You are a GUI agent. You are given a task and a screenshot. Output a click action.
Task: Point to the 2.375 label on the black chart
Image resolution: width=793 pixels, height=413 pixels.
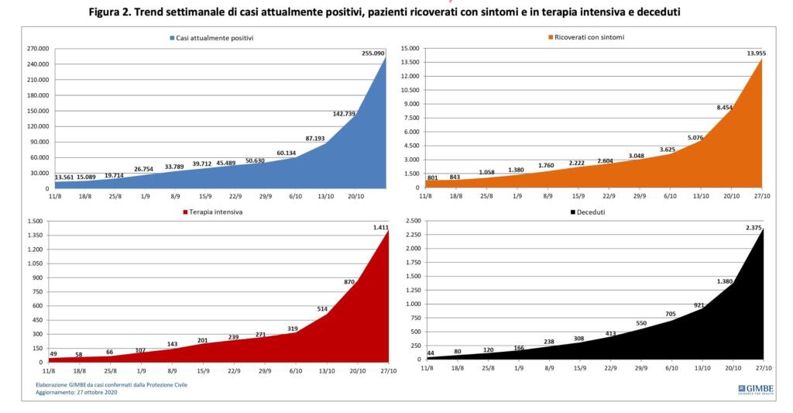coord(754,225)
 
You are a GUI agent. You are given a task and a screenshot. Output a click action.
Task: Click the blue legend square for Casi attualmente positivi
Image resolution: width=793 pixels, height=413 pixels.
coord(172,37)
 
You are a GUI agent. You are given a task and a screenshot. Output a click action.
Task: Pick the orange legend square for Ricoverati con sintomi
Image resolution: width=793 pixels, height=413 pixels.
coord(552,36)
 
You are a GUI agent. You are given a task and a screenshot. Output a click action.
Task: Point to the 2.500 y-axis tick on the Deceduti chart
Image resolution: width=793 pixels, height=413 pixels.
coord(411,222)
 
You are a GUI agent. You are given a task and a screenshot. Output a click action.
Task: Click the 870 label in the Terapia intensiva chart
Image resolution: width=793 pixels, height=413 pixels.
coord(349,282)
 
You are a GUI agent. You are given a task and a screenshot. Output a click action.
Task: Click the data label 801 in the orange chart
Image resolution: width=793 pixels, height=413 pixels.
coord(433,178)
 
